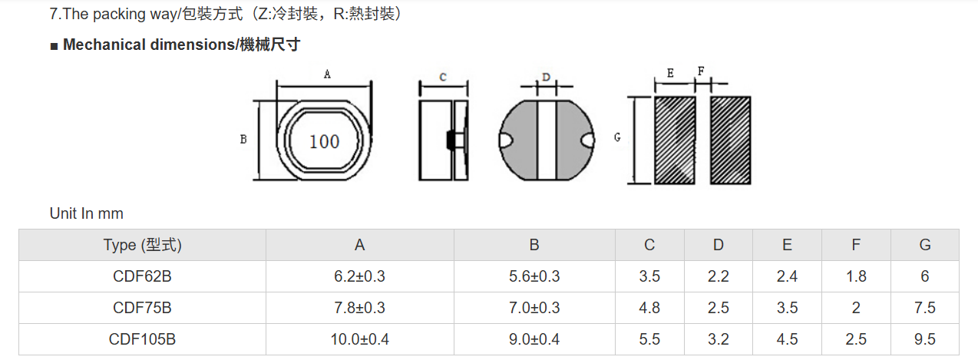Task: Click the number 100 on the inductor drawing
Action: pyautogui.click(x=324, y=141)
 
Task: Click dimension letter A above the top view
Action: pyautogui.click(x=327, y=74)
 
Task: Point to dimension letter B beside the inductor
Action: pyautogui.click(x=243, y=139)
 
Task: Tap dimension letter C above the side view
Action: pyautogui.click(x=443, y=78)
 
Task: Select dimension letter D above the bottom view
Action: pyautogui.click(x=546, y=78)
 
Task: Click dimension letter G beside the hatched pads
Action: pyautogui.click(x=617, y=137)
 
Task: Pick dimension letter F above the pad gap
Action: pyautogui.click(x=701, y=71)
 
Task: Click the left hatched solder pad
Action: pyautogui.click(x=675, y=140)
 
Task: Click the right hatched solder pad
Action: pyautogui.click(x=731, y=140)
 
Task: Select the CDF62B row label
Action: pyautogui.click(x=142, y=276)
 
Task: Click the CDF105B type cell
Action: pyautogui.click(x=142, y=339)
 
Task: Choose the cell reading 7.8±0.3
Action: pyautogui.click(x=360, y=308)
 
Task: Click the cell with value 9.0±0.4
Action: pyautogui.click(x=534, y=339)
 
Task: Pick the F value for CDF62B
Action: pyautogui.click(x=856, y=276)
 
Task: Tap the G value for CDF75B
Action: pyautogui.click(x=925, y=308)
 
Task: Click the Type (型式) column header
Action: pyautogui.click(x=142, y=245)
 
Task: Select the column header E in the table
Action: pyautogui.click(x=787, y=245)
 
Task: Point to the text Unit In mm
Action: pyautogui.click(x=87, y=213)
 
